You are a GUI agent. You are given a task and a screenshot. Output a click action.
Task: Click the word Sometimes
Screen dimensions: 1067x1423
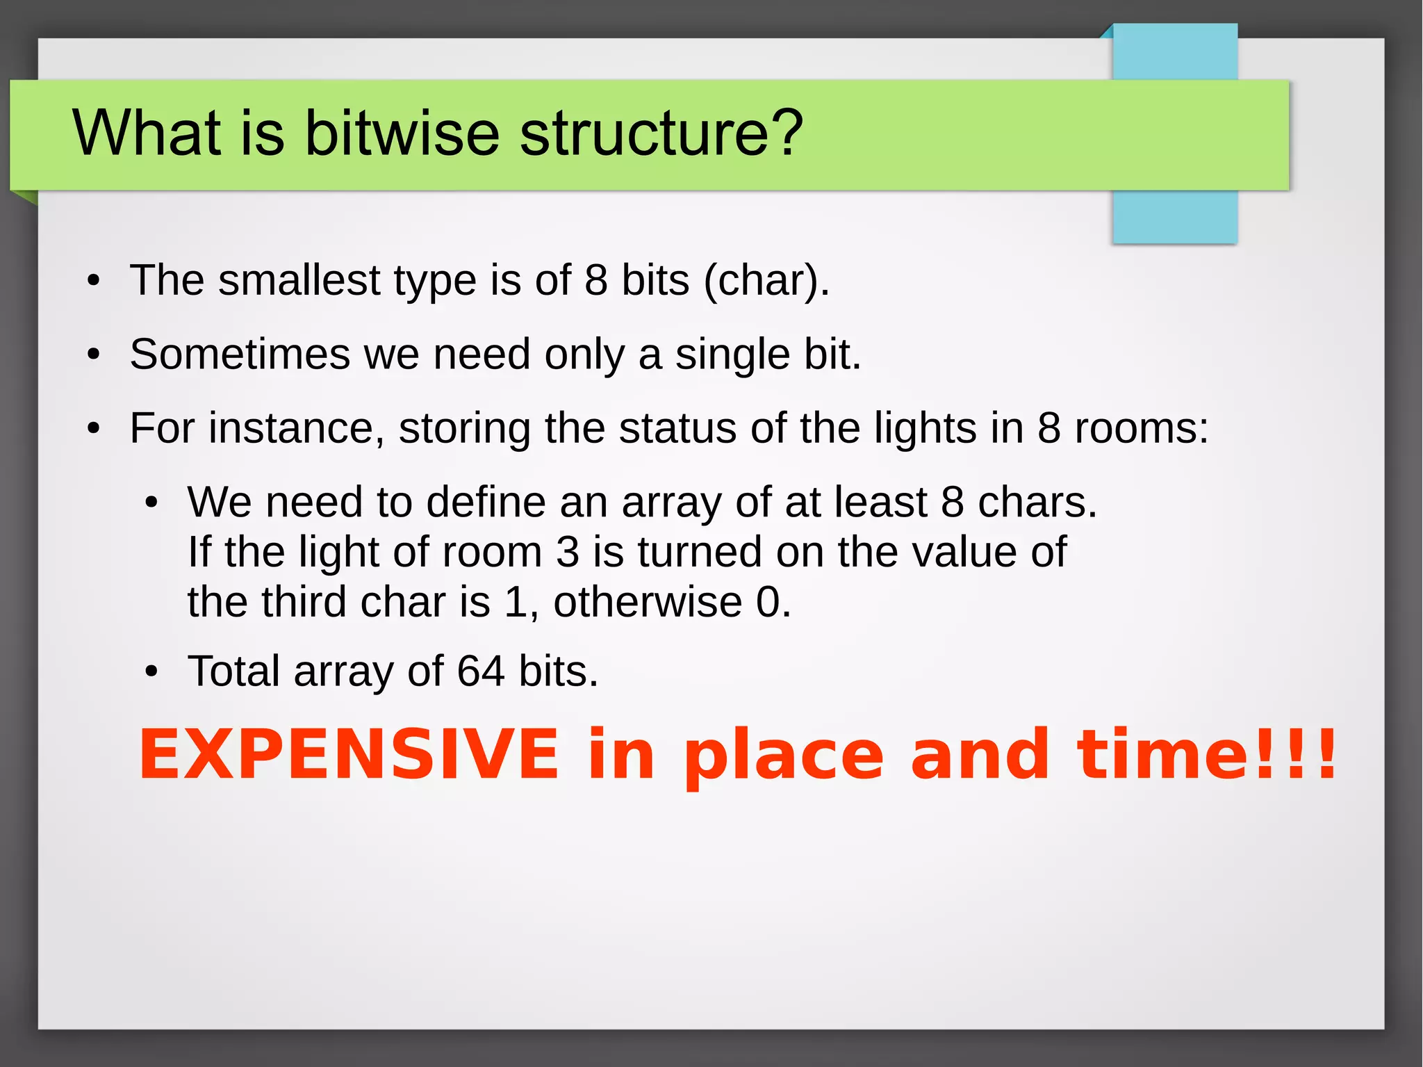[240, 355]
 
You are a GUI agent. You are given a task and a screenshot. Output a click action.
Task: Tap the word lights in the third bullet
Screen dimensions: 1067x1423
[925, 428]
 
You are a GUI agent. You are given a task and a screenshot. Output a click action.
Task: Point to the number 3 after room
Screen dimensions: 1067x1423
[567, 553]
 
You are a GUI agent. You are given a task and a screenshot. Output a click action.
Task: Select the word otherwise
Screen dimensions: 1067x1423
[647, 602]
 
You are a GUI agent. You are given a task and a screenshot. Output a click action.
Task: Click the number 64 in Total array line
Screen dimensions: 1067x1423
[480, 671]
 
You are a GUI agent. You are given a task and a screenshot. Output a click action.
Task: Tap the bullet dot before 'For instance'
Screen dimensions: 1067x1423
[94, 430]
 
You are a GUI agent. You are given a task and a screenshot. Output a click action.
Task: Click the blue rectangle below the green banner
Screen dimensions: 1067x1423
[1174, 217]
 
